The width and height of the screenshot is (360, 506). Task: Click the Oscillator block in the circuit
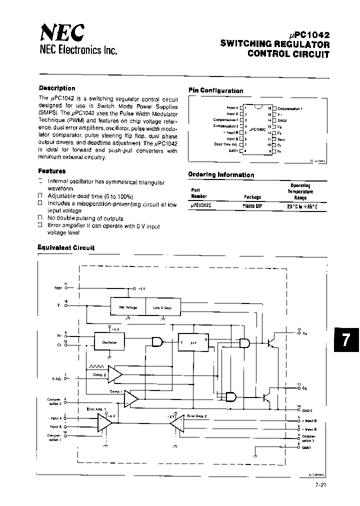(109, 342)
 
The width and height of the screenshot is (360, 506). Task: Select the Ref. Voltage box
(127, 307)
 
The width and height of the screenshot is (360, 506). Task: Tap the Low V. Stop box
(162, 307)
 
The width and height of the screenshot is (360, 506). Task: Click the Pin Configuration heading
(215, 90)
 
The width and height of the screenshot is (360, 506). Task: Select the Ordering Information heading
(221, 175)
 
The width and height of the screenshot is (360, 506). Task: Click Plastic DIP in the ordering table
(252, 205)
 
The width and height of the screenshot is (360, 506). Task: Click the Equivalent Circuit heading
(66, 247)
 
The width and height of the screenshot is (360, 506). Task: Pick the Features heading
(52, 170)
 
